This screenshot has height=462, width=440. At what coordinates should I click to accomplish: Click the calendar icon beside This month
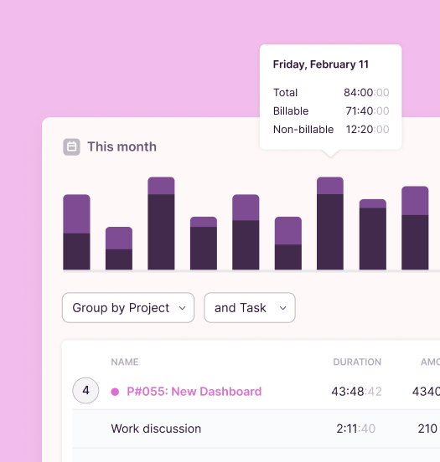point(72,146)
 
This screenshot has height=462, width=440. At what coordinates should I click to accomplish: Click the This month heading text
point(122,146)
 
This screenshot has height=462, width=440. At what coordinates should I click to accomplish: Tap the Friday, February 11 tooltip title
point(321,64)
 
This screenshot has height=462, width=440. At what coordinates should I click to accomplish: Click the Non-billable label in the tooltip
point(303,130)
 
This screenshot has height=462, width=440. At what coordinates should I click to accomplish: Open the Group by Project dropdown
point(128,308)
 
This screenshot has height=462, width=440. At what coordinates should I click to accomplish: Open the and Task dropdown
point(249,308)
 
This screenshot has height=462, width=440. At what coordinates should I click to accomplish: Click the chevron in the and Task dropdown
point(283,308)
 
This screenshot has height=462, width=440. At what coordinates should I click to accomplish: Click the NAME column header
point(125,362)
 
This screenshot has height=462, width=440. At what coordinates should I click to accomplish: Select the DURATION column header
point(357,362)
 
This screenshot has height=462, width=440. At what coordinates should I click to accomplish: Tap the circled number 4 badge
point(85,391)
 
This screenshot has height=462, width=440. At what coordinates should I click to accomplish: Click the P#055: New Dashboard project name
point(194,392)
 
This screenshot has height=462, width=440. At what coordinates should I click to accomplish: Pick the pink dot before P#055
point(115,392)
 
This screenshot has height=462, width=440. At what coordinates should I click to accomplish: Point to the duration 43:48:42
point(356,392)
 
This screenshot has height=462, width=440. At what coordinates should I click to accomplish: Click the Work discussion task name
point(156,429)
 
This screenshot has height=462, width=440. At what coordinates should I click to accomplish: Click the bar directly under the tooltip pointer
point(330,223)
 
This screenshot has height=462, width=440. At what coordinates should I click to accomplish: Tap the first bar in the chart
point(77,232)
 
